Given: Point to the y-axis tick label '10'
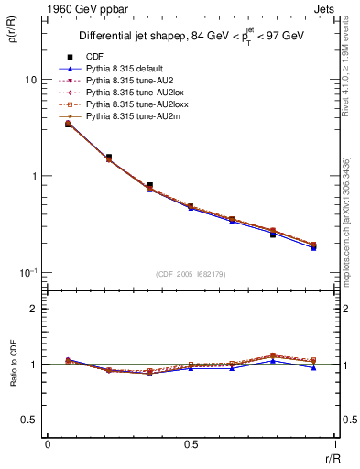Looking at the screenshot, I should pos(30,80).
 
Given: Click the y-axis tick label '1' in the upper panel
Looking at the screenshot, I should pos(33,176).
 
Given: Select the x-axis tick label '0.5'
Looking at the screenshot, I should pos(191,444).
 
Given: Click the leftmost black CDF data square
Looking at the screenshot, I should pos(69,123).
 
